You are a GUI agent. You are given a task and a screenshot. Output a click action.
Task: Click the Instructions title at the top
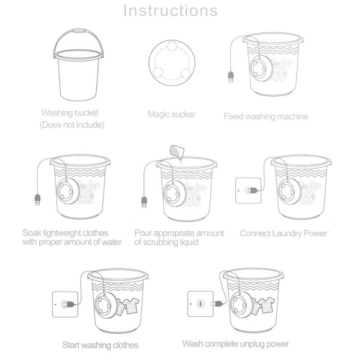coord(171,10)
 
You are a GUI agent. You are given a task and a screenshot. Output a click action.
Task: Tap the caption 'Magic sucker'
coord(171,114)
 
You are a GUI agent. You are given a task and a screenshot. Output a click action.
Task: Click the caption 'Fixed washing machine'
coord(266,117)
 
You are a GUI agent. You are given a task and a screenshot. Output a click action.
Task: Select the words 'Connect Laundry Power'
coord(283,233)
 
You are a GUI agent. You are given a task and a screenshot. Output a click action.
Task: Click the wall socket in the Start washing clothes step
coord(65,304)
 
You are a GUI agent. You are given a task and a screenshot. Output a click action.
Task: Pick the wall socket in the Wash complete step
coord(200,304)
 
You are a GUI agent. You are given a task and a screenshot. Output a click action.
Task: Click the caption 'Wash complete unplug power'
coord(235,344)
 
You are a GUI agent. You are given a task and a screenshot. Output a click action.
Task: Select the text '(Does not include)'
coord(72,125)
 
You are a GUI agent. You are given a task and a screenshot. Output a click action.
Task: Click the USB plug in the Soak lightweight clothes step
coord(37,198)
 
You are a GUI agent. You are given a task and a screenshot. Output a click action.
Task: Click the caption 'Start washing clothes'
coord(100,345)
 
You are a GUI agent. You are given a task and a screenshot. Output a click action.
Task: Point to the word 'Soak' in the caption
coord(33,233)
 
